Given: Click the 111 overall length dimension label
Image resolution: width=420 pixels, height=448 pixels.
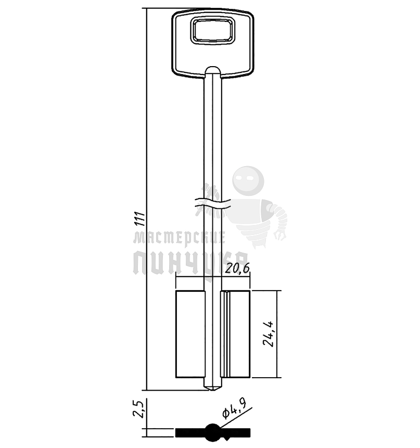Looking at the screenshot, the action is (x=140, y=219).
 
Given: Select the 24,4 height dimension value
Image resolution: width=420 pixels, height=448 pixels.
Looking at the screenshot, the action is (x=268, y=334).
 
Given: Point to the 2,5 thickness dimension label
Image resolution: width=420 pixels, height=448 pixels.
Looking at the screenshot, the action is (x=138, y=409).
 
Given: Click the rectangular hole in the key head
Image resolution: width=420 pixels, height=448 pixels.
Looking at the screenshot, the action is (x=213, y=31).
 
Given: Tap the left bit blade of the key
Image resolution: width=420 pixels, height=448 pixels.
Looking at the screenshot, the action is (x=190, y=334).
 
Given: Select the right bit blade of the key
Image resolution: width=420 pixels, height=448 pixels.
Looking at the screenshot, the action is (x=235, y=334).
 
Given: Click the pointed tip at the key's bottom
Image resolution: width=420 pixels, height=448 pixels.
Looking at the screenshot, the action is (x=213, y=390).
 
